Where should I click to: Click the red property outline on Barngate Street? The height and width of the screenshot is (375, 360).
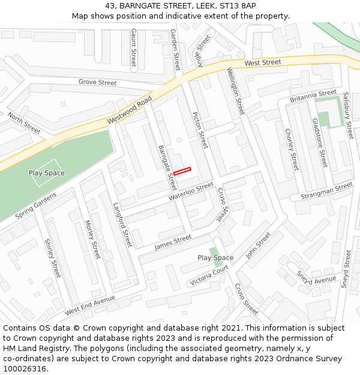tap(182, 171)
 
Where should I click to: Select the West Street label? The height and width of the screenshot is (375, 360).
tap(263, 62)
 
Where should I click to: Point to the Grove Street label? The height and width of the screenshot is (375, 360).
tap(97, 82)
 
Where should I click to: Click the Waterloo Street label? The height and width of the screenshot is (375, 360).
tap(191, 191)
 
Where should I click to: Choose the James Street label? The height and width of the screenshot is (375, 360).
tap(173, 242)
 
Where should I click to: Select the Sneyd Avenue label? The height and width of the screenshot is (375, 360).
tap(316, 277)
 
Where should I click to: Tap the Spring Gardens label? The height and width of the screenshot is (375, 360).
tap(35, 205)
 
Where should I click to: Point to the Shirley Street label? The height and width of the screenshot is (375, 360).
tap(52, 259)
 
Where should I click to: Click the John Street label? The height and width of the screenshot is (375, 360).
tap(259, 246)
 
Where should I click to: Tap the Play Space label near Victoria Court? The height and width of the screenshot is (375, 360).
tap(215, 258)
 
